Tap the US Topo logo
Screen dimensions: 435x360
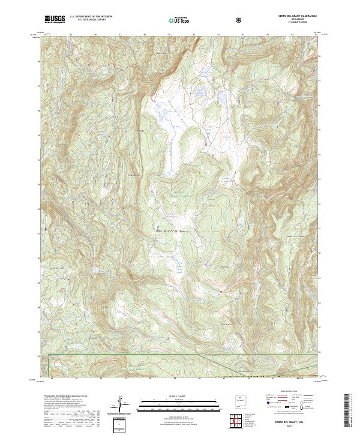coord(178,20)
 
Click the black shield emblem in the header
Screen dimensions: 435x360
coord(239,20)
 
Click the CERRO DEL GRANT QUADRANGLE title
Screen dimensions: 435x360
coord(295,16)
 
